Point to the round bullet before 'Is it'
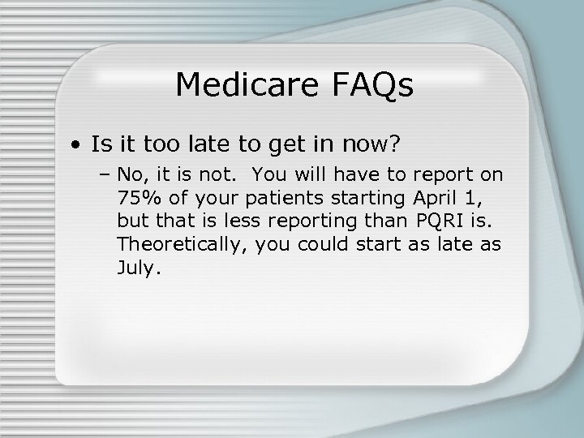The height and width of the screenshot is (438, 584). (x=74, y=147)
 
